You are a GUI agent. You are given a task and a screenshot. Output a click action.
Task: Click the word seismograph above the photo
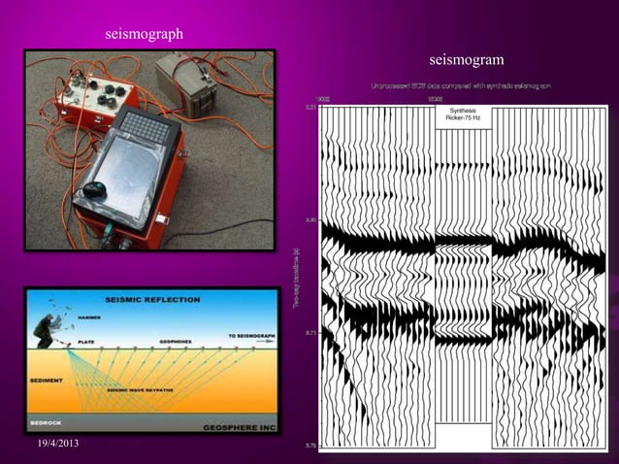tap(145, 35)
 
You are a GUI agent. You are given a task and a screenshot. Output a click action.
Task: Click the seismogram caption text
tap(466, 61)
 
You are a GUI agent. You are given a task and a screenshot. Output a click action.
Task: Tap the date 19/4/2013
tap(52, 444)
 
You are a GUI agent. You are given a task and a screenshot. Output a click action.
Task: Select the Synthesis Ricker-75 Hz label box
tap(463, 114)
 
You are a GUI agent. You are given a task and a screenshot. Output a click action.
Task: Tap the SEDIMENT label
tap(49, 381)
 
